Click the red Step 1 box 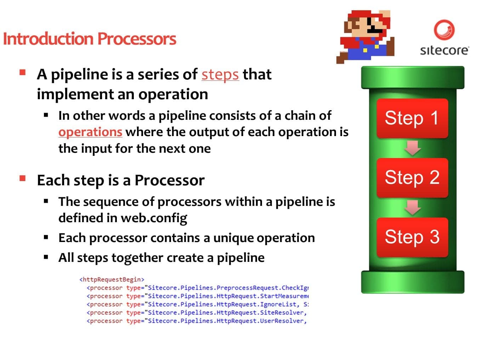(x=412, y=118)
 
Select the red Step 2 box (x=412, y=178)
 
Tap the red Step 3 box (x=412, y=237)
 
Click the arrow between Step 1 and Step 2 (x=412, y=148)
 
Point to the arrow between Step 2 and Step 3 (x=412, y=208)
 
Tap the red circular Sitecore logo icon (x=444, y=30)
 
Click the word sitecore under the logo (x=444, y=50)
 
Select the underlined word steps (x=220, y=75)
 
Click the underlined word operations (x=90, y=132)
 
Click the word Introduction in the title (x=48, y=39)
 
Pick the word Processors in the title (x=137, y=39)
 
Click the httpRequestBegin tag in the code (x=112, y=280)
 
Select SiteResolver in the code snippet (x=282, y=313)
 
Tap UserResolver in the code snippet (x=282, y=321)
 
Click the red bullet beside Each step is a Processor (x=23, y=178)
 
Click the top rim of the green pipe (x=412, y=77)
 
